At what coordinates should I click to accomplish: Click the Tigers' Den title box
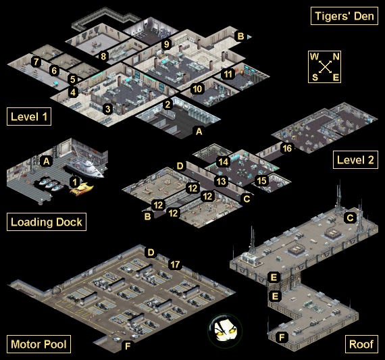click(344, 16)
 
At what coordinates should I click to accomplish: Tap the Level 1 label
click(29, 117)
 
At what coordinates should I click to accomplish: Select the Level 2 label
click(355, 160)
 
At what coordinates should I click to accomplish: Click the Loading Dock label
click(47, 222)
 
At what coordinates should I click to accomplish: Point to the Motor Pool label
click(38, 344)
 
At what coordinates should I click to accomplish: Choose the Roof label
click(361, 344)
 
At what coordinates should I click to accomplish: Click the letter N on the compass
click(336, 57)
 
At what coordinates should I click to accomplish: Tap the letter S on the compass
click(315, 78)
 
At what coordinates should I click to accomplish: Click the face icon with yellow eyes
click(225, 330)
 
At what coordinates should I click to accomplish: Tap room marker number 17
click(175, 265)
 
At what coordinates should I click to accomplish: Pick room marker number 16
click(287, 148)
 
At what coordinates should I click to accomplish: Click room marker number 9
click(166, 44)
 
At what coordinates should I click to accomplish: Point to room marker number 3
click(107, 109)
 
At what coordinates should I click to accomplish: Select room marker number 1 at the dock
click(75, 182)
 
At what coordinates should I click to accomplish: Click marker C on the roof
click(350, 217)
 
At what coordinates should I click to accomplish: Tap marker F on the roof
click(282, 337)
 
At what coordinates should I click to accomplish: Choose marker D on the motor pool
click(151, 252)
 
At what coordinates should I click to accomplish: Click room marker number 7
click(36, 61)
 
